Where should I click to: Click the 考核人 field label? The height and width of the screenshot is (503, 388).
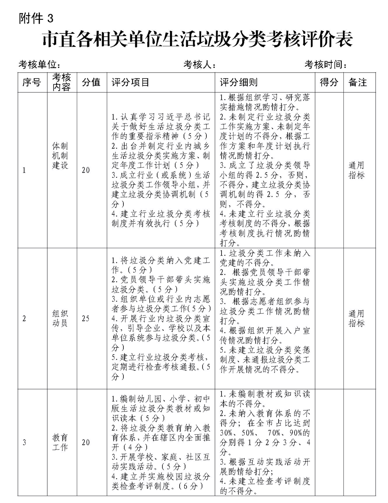click(x=199, y=64)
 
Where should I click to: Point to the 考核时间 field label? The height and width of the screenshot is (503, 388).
click(x=326, y=64)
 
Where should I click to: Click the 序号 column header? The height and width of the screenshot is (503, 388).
click(x=32, y=82)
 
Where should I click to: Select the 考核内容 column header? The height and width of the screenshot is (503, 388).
click(x=62, y=82)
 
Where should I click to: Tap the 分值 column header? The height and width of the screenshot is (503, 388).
click(x=92, y=82)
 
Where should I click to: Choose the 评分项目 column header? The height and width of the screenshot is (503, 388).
click(x=130, y=82)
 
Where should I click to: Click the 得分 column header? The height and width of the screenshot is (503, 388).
click(x=329, y=82)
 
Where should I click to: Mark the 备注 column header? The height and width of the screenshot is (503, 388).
click(x=358, y=82)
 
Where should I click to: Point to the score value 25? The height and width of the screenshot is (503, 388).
click(x=85, y=318)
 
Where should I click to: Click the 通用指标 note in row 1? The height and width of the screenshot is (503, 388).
click(x=357, y=170)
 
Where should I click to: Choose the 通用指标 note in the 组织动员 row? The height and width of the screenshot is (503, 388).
click(x=357, y=318)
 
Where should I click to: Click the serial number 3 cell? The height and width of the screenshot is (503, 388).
click(x=24, y=443)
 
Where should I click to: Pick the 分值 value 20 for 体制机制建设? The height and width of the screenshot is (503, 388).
click(x=85, y=170)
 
